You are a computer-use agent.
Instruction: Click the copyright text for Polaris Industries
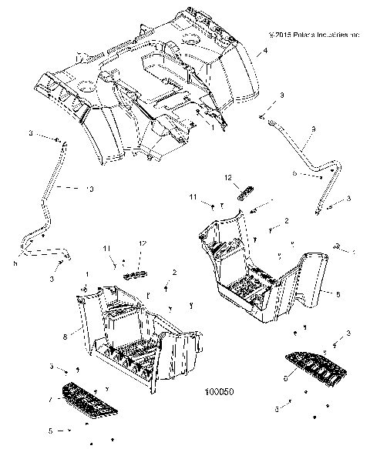[x=314, y=35]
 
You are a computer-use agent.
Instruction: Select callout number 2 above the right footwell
[x=286, y=221]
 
